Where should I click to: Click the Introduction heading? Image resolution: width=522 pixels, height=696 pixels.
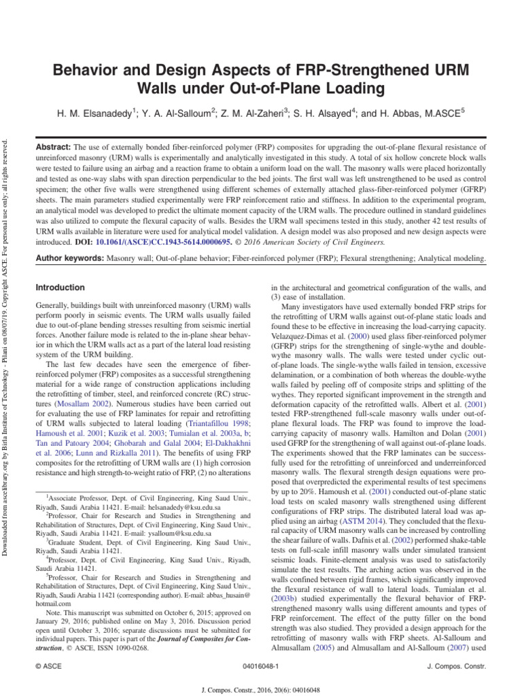tap(60, 288)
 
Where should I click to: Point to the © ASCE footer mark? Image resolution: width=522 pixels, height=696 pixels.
tap(47, 668)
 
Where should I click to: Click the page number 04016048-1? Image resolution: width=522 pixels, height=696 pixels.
tap(260, 668)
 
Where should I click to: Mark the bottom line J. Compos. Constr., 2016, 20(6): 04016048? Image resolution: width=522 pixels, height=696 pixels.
tap(261, 688)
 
